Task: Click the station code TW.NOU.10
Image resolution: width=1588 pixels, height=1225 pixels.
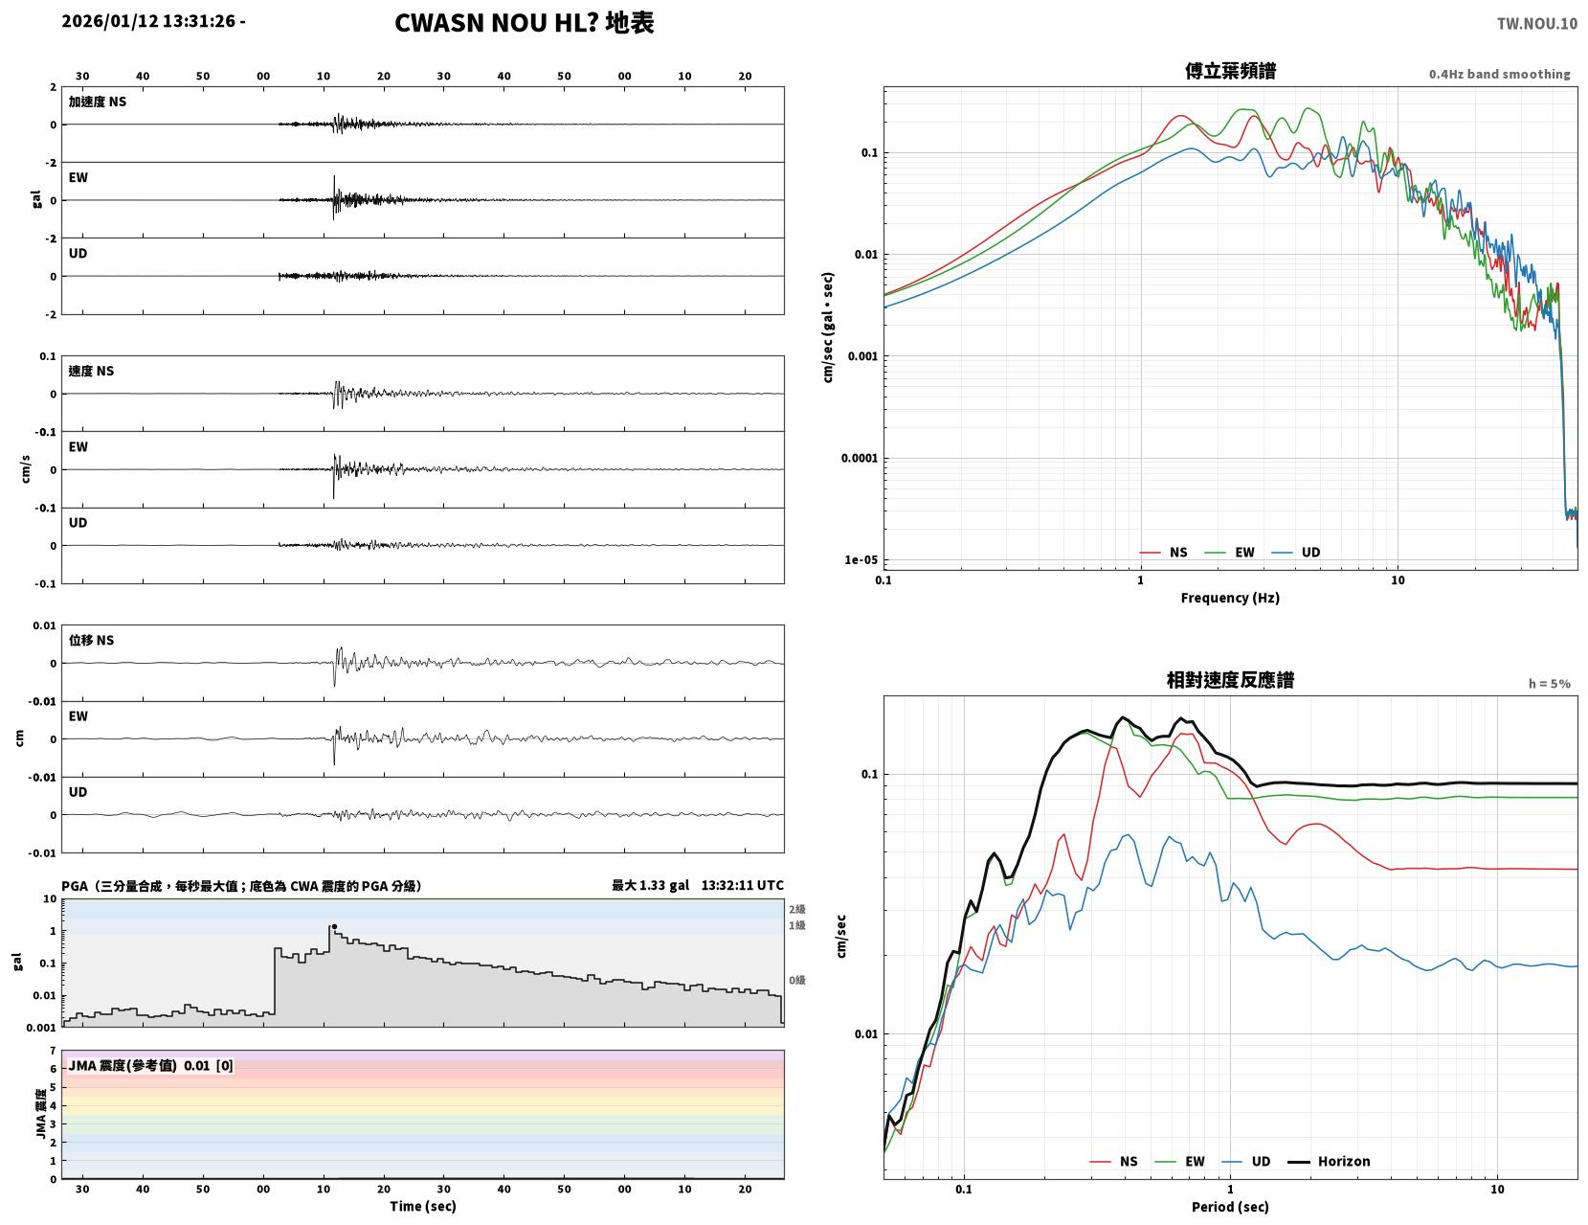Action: [x=1536, y=23]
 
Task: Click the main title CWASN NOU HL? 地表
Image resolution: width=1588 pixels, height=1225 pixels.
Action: [x=524, y=23]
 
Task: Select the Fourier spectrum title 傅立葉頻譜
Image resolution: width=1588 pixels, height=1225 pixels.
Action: [x=1230, y=71]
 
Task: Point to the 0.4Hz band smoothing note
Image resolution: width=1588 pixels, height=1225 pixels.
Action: [x=1499, y=74]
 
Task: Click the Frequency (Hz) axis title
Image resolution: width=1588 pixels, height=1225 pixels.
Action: [x=1230, y=597]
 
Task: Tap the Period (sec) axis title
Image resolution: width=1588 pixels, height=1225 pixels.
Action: [x=1230, y=1206]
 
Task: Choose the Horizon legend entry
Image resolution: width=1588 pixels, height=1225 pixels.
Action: [x=1329, y=1161]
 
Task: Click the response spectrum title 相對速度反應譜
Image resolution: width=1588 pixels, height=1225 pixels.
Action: [x=1230, y=680]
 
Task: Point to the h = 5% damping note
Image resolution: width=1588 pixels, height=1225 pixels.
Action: [x=1550, y=684]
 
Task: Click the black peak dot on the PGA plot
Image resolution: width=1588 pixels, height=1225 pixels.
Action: [x=335, y=927]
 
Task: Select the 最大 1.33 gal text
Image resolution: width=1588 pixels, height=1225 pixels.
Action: [x=650, y=885]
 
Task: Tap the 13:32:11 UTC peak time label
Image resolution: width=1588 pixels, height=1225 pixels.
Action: [x=743, y=885]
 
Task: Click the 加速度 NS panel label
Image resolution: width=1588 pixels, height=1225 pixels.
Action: [x=98, y=102]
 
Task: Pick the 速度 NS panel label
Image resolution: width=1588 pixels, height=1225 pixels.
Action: [x=91, y=371]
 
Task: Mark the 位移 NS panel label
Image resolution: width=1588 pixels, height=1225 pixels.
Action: [x=91, y=640]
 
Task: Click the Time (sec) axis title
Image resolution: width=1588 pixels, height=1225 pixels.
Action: [x=422, y=1206]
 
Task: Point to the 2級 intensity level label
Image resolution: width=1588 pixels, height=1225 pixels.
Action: [x=796, y=909]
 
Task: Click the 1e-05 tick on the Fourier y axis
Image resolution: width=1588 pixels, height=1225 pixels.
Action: [x=861, y=560]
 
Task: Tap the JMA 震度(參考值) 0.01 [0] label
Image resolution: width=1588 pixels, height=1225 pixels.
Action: [x=150, y=1065]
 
